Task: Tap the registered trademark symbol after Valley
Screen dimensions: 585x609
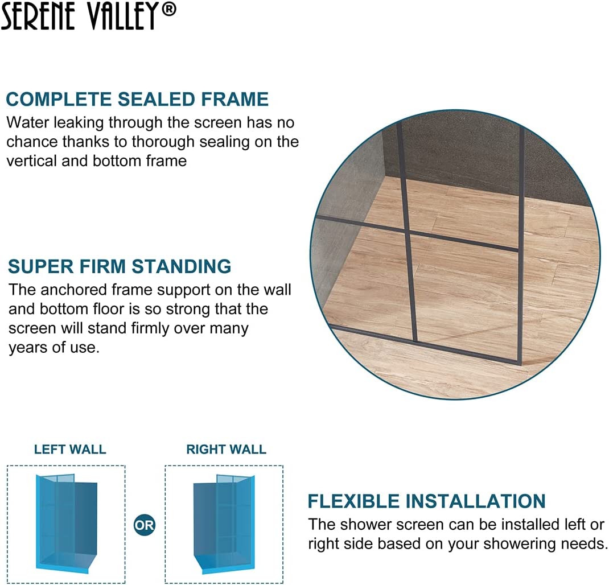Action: (168, 10)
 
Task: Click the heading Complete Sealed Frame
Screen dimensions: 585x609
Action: (137, 99)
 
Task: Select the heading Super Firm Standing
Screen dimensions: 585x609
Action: (120, 266)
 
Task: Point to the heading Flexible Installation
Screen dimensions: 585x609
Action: (426, 501)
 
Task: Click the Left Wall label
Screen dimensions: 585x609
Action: (70, 449)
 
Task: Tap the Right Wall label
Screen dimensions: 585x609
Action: (226, 449)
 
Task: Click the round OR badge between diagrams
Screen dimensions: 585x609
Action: (144, 524)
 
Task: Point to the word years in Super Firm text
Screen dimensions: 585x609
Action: (27, 347)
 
